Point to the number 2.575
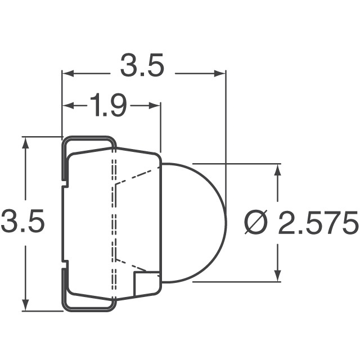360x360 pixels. (318, 223)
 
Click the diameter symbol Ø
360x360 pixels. (256, 223)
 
